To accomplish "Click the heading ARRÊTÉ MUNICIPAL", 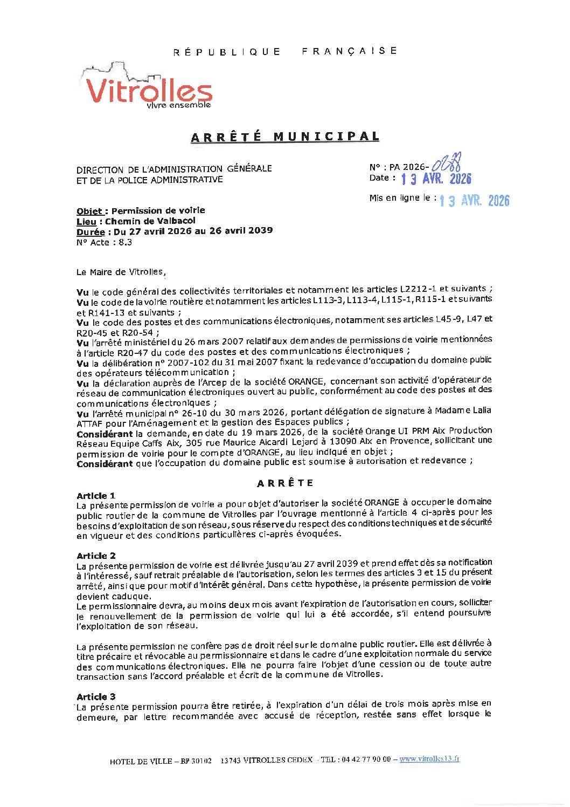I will point(285,137).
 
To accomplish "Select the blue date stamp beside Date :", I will point(436,179).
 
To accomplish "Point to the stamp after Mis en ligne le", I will point(474,201).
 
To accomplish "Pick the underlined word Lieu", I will point(86,221).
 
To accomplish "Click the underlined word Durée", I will point(90,231).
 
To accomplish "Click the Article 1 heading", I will point(96,496).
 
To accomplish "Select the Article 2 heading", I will point(96,556).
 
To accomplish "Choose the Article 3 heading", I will point(96,697).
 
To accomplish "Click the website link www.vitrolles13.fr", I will point(429,759).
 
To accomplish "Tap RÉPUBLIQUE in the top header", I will point(227,52).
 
